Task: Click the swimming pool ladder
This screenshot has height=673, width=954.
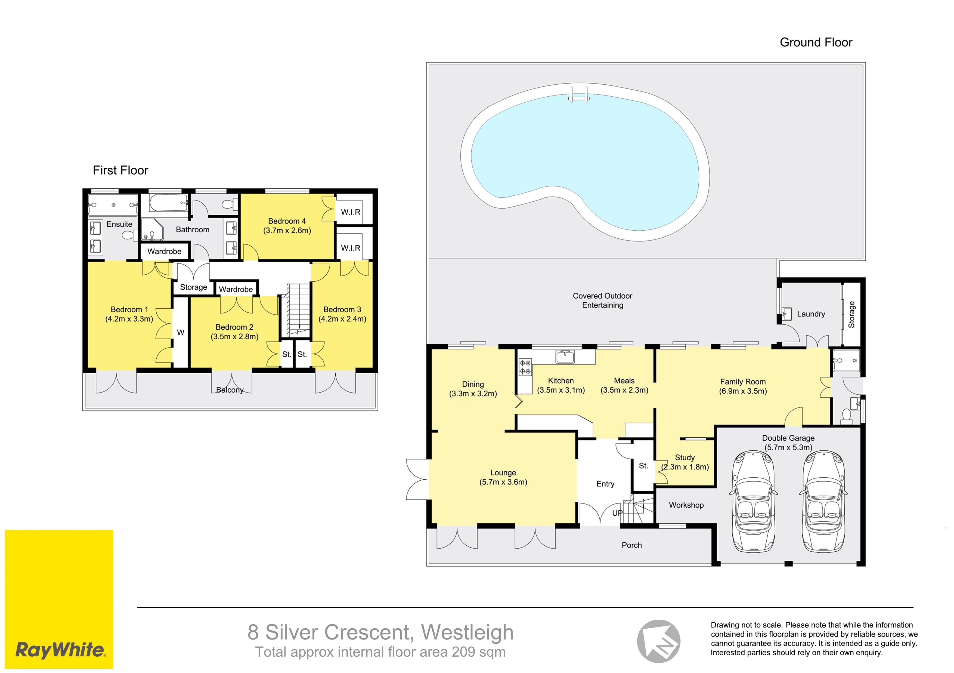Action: coord(578,94)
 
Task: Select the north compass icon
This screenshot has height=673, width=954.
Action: coord(659,641)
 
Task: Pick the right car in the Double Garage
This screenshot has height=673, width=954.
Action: coord(823,502)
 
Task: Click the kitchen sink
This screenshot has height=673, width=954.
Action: coord(565,356)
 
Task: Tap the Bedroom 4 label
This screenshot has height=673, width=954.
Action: coord(287,221)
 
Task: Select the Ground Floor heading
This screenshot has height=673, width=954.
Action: coord(816,42)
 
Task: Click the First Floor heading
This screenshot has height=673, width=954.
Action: coord(120,170)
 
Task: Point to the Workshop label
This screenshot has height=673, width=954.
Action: coord(686,505)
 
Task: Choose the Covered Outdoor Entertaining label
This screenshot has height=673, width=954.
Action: coord(602,300)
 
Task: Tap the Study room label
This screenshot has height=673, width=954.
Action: coord(685,457)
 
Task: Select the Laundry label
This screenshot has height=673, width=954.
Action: coord(811,314)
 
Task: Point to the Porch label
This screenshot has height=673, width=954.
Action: coord(631,545)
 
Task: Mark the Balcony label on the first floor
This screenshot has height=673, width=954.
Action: coord(230,390)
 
